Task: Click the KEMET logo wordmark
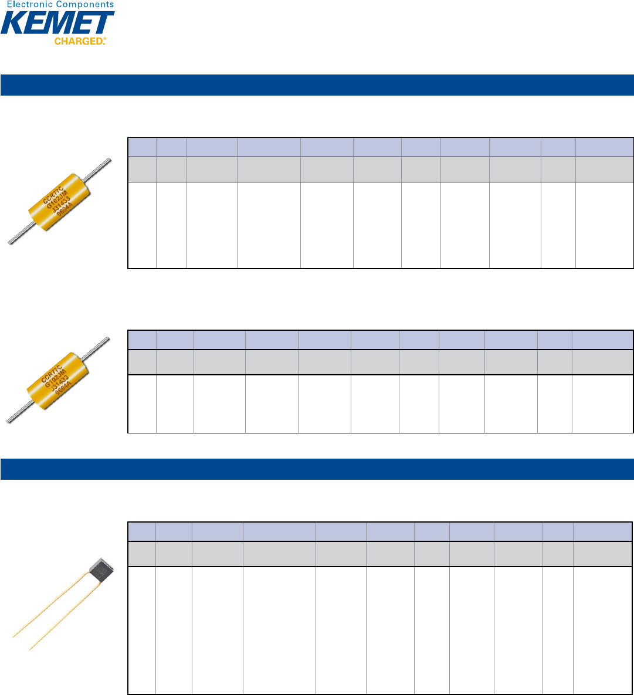[57, 23]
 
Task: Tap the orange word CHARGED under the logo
[80, 42]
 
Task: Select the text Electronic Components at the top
[57, 5]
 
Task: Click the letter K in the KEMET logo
[13, 23]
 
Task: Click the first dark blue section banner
[317, 84]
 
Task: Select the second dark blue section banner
[317, 469]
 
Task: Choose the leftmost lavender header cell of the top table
[142, 147]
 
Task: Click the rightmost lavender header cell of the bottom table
[602, 531]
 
